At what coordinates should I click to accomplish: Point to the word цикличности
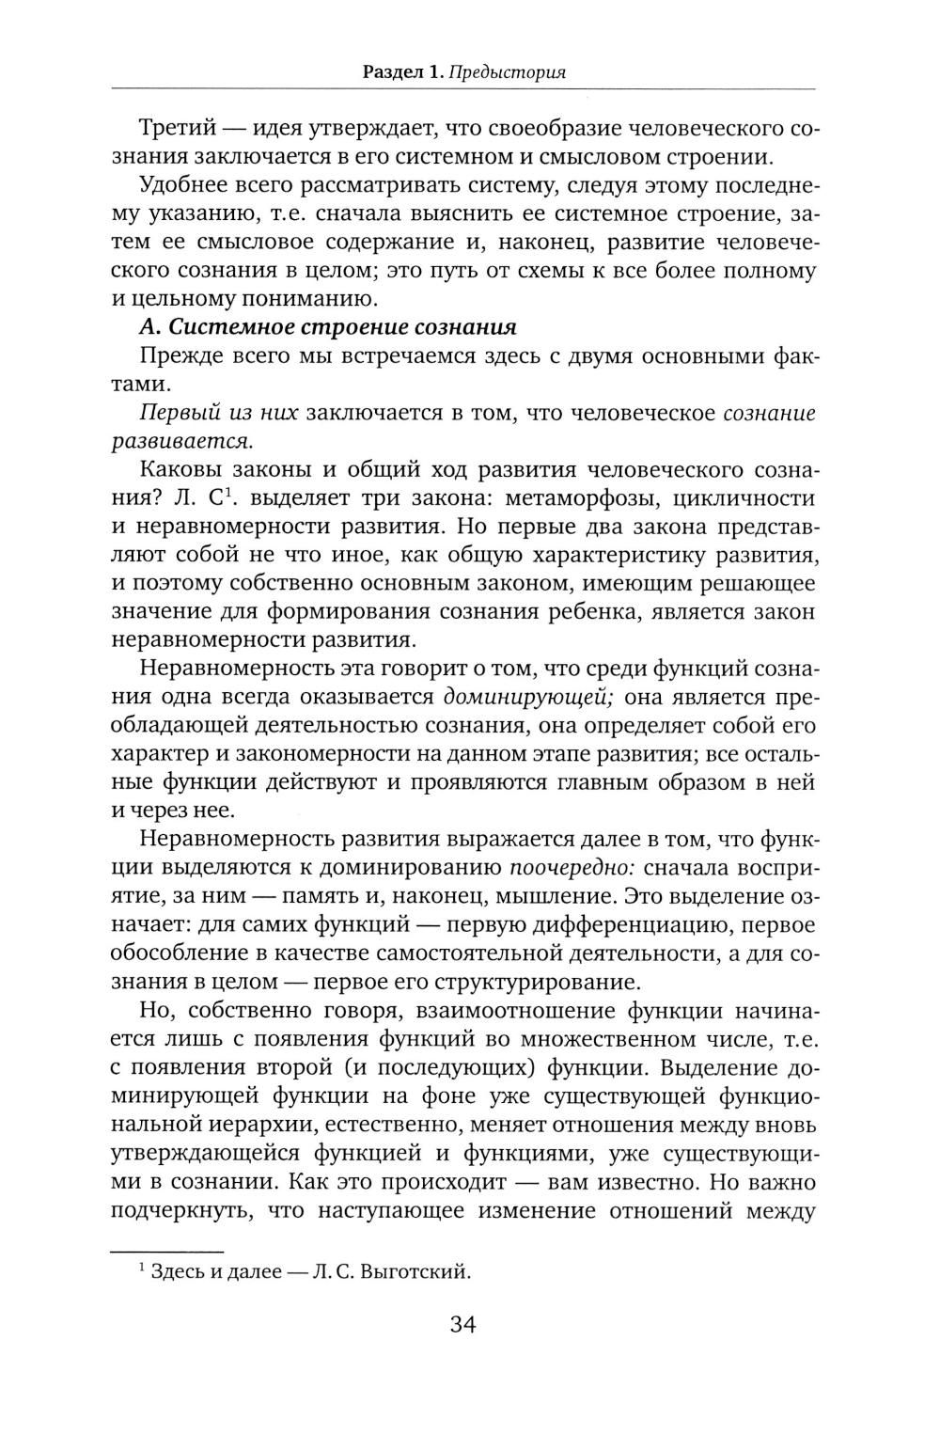pos(743,498)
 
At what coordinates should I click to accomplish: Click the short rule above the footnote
pos(167,1252)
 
